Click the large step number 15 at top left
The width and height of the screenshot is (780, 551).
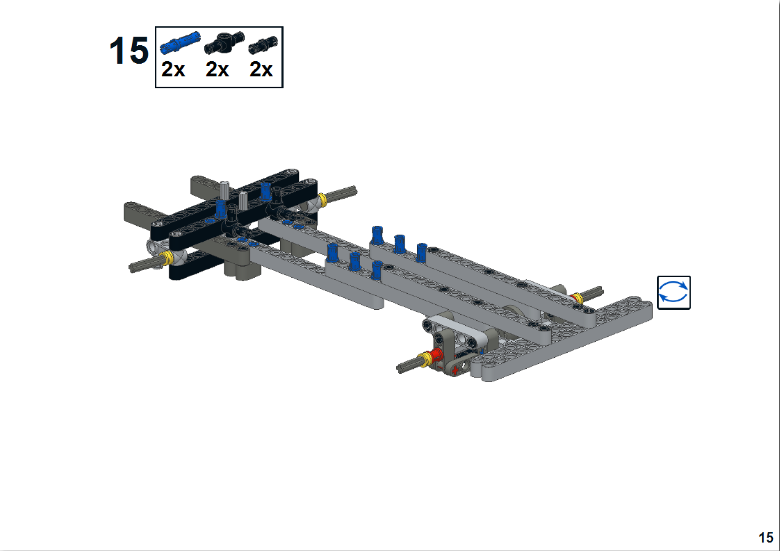(x=129, y=51)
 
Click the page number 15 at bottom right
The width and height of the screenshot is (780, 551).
(x=765, y=538)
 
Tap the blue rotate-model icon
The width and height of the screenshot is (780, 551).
(x=673, y=292)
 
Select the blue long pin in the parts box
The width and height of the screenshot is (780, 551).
(x=180, y=43)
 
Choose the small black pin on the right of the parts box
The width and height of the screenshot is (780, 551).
(x=263, y=44)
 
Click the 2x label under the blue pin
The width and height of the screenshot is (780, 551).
(x=173, y=70)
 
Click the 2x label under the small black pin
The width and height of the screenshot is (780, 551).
(x=261, y=70)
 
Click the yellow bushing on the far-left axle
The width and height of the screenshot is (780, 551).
(x=168, y=257)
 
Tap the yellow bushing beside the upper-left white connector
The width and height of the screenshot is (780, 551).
(x=322, y=199)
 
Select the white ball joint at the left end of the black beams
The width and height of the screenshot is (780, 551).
(x=156, y=245)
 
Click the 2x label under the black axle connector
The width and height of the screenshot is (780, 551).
(x=217, y=70)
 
